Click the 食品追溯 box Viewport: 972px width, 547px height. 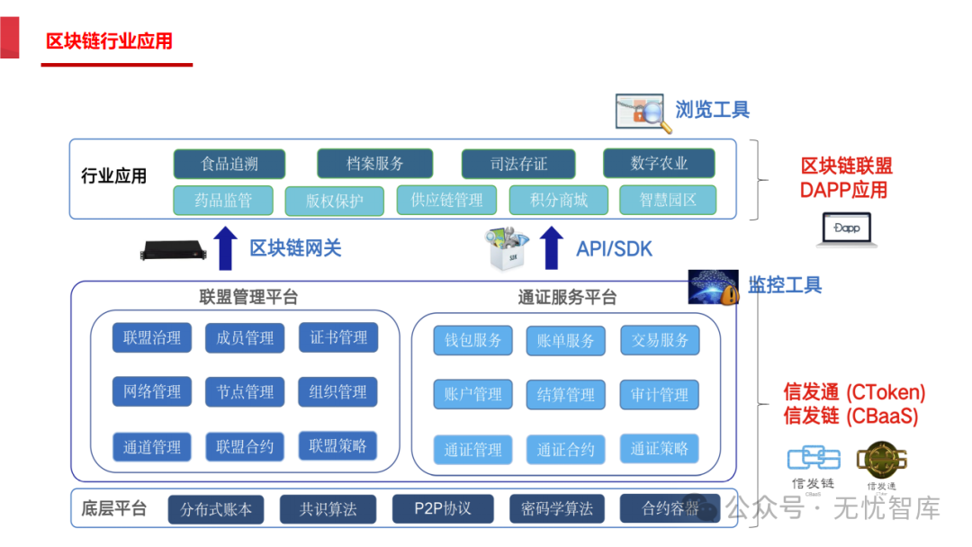tap(229, 164)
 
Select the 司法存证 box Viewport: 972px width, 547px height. tap(518, 164)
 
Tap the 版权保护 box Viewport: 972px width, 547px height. tap(334, 201)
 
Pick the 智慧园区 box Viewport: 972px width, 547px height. tap(668, 201)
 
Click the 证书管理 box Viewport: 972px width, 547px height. tap(338, 337)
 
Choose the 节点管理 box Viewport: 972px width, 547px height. tap(245, 392)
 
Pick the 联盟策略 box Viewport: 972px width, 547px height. tap(338, 446)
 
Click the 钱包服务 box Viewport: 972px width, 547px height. tap(473, 341)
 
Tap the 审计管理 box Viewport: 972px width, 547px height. tap(660, 395)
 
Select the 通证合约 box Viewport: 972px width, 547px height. tap(566, 450)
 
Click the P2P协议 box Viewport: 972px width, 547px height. tap(443, 508)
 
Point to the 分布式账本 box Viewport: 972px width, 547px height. tap(216, 510)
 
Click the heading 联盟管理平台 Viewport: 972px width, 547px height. tap(248, 297)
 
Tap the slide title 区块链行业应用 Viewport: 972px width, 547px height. tap(109, 41)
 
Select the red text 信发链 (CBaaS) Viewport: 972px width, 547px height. tap(850, 417)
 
